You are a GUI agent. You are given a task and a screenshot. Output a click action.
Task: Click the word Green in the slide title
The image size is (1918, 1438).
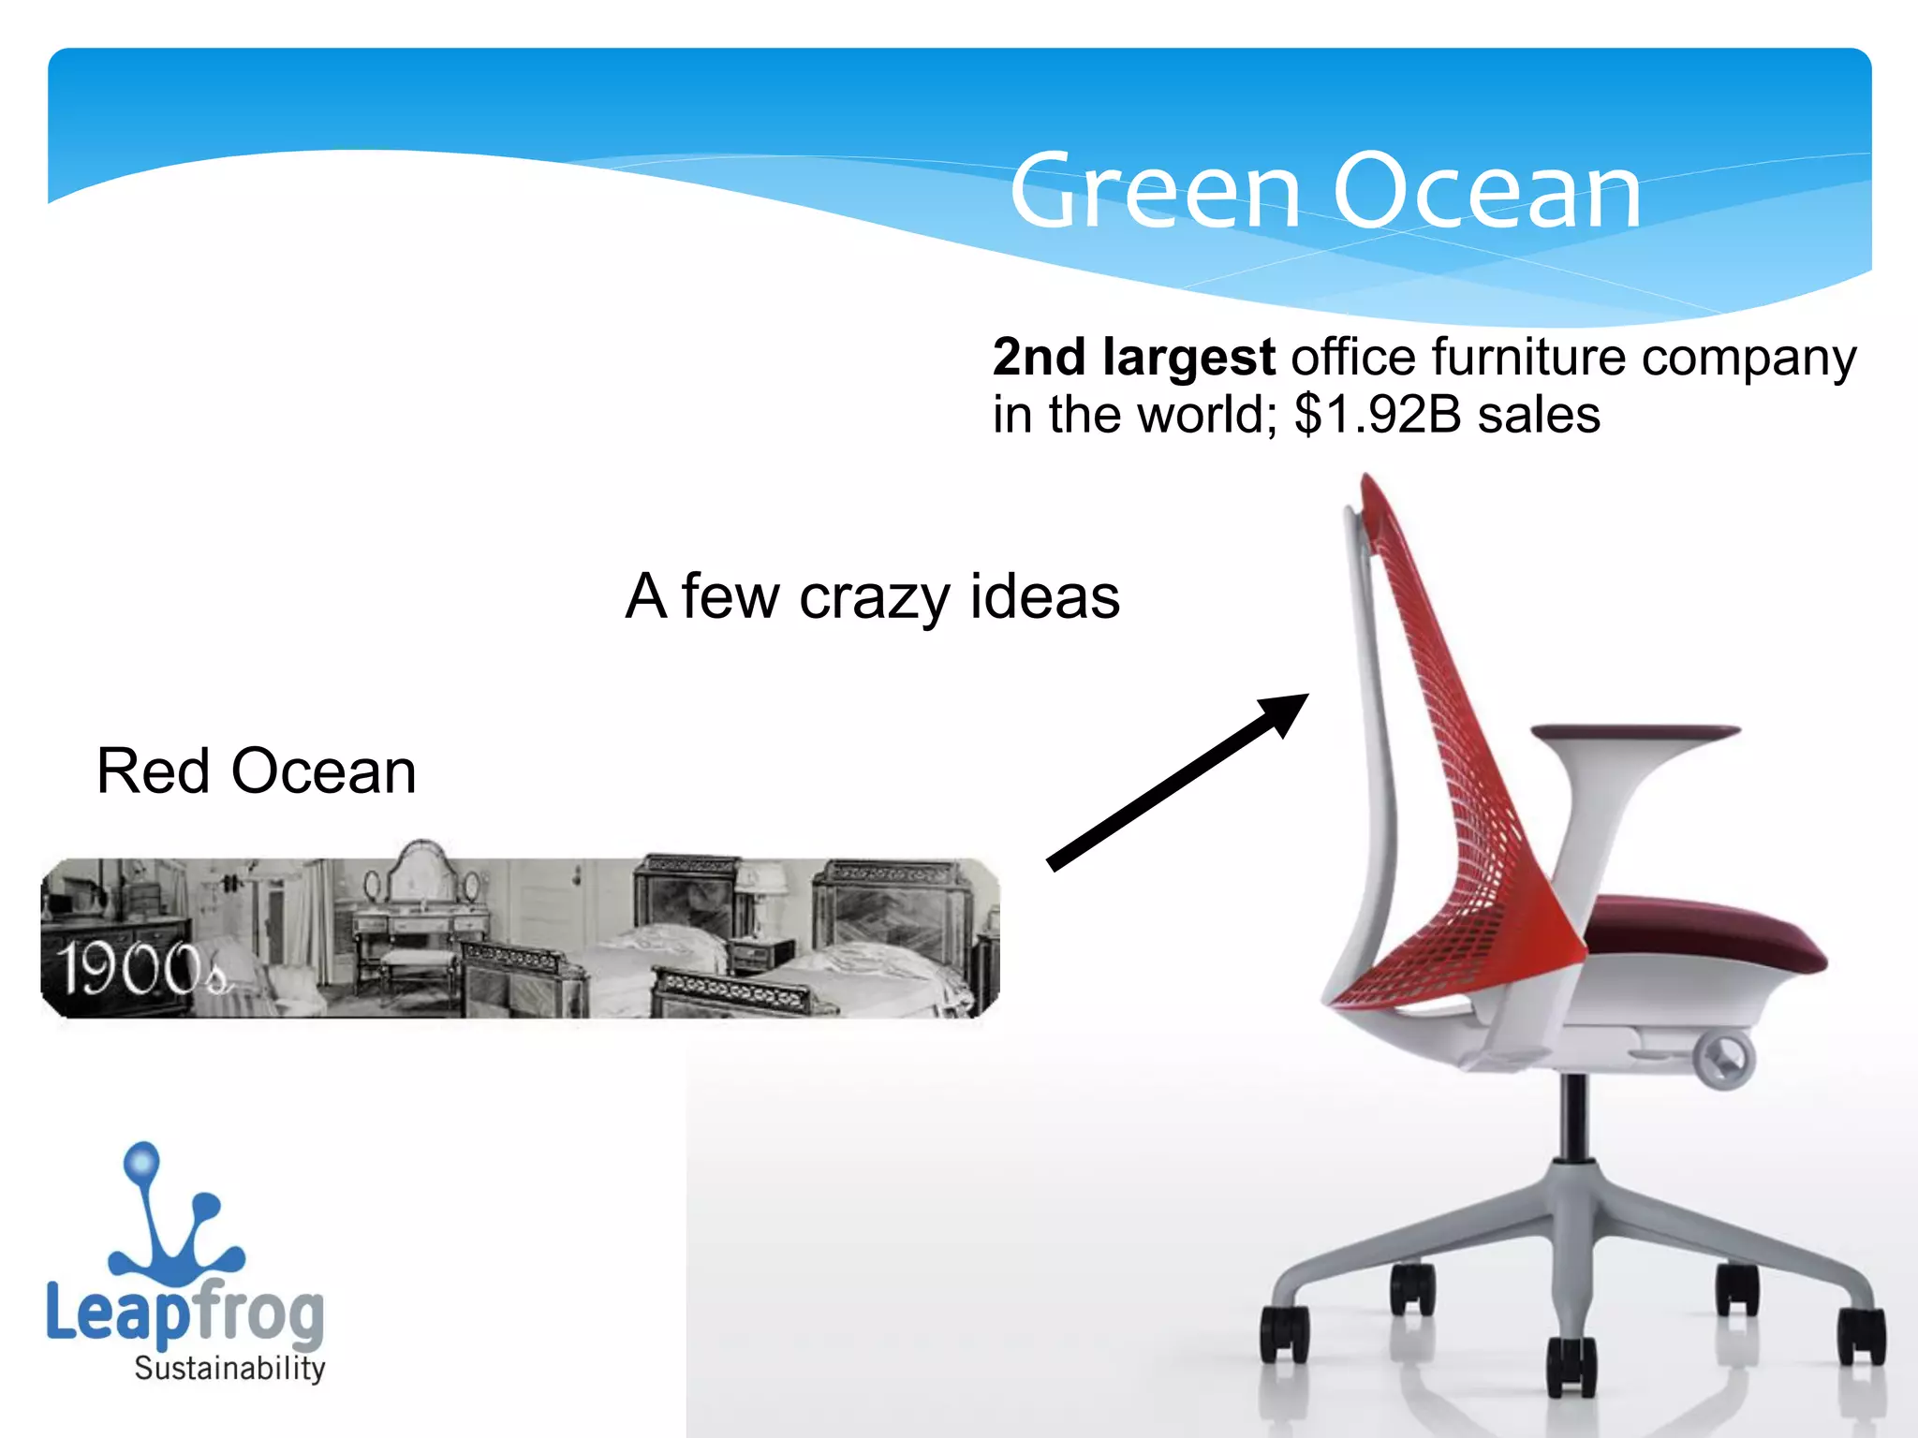tap(1156, 192)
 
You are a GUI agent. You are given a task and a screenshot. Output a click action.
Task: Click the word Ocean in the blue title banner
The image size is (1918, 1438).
tap(1486, 192)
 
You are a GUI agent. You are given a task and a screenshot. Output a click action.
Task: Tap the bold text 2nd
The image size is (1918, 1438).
tap(1039, 358)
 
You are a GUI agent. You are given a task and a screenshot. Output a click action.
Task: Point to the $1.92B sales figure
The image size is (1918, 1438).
tap(1447, 415)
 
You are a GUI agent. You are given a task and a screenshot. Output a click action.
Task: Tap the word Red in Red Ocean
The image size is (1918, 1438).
tap(153, 772)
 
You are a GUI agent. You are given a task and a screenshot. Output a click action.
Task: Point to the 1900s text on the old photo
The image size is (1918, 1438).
tap(140, 969)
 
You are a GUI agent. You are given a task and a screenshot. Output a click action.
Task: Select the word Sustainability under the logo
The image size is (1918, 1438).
tap(229, 1369)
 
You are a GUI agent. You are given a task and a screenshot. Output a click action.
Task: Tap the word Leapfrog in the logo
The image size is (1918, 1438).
tap(184, 1313)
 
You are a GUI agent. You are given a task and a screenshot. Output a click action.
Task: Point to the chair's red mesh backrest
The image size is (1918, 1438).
tap(1461, 749)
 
